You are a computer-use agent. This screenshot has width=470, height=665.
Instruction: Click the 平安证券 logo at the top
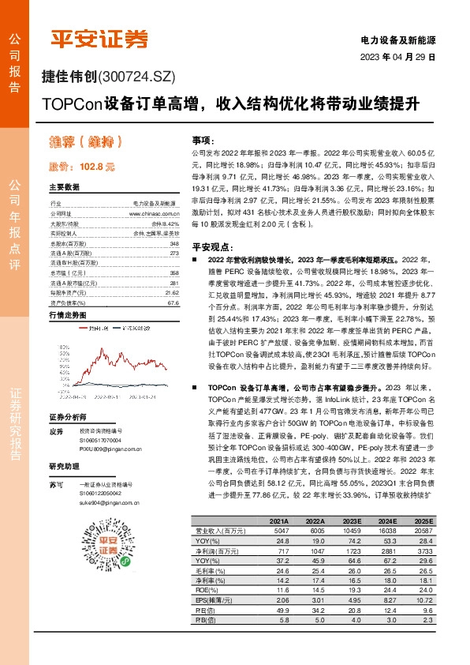point(99,39)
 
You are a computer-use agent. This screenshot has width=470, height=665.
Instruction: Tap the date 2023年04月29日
point(399,58)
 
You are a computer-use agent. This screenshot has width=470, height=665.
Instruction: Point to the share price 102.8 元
point(82,167)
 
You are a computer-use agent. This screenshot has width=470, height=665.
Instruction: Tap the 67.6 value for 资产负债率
point(173,280)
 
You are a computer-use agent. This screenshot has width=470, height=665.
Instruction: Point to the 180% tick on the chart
point(58,325)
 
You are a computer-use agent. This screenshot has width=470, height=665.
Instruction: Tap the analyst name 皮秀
point(55,432)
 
